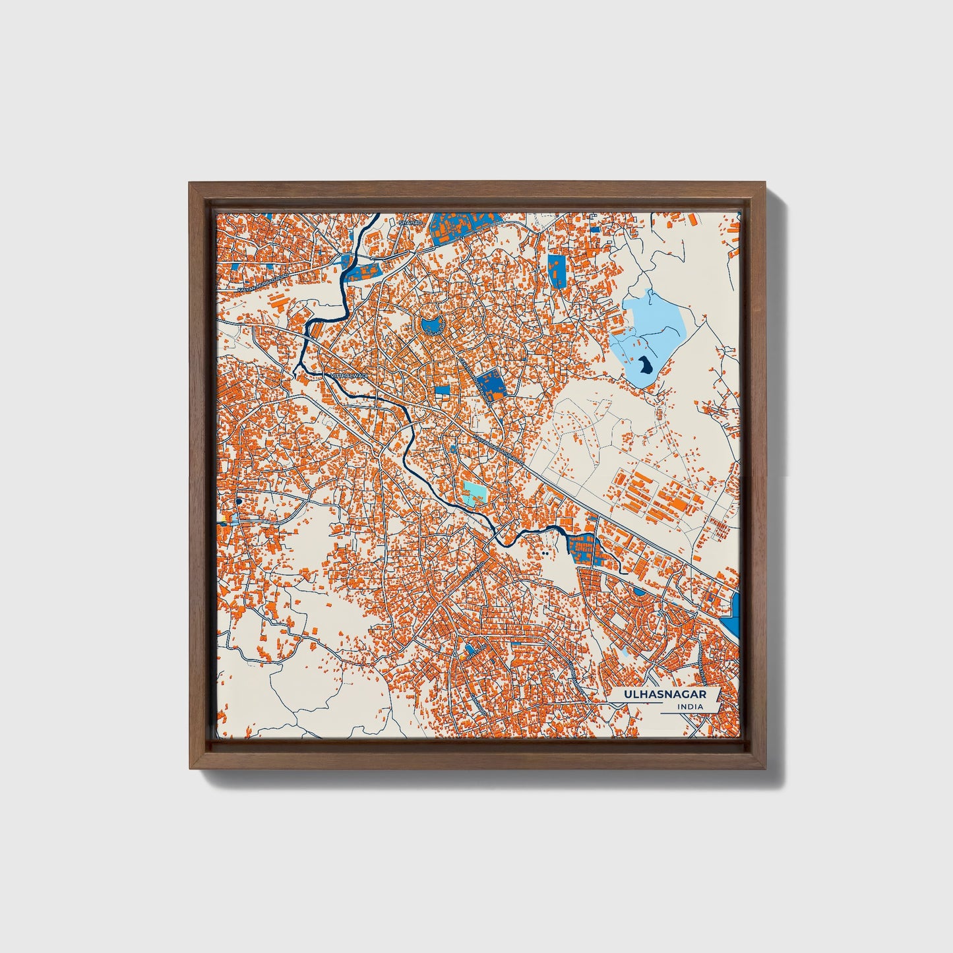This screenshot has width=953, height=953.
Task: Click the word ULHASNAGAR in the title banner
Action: [x=665, y=694]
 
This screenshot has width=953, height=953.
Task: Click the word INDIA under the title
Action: [x=689, y=707]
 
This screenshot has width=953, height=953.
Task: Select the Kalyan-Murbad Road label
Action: [x=264, y=282]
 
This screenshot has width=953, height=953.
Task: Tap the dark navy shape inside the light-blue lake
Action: [x=644, y=364]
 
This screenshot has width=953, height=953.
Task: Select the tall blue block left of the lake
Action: [x=557, y=270]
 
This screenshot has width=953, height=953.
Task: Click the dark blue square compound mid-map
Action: [x=489, y=383]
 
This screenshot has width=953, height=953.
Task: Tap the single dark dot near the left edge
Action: [x=237, y=503]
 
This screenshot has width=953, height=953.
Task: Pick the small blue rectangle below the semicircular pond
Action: [x=442, y=390]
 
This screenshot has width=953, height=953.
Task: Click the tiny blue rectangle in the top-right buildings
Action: [x=595, y=230]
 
